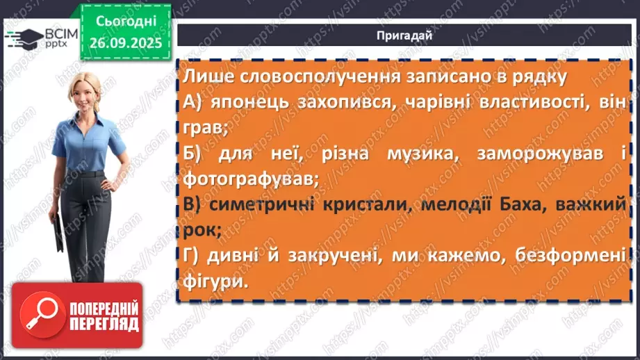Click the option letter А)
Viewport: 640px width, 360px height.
tap(197, 102)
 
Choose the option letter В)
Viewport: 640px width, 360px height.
tap(197, 204)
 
